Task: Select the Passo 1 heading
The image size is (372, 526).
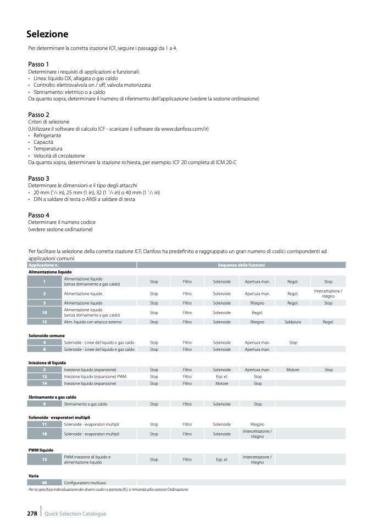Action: tap(38, 64)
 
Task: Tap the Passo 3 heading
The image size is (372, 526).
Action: tap(38, 178)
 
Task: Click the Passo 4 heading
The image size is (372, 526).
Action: tap(38, 215)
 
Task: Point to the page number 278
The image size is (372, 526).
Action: tap(32, 513)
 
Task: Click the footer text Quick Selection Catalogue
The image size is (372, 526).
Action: tap(75, 514)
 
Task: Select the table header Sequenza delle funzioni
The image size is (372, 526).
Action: tap(241, 265)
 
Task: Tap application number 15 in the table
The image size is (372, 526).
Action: tap(44, 322)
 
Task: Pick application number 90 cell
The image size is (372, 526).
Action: tap(44, 483)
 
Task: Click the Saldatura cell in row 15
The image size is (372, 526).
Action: tap(293, 322)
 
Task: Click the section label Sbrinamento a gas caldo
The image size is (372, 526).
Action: tap(52, 396)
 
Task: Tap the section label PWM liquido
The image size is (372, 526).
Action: tap(41, 450)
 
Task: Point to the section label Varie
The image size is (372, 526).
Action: tap(34, 475)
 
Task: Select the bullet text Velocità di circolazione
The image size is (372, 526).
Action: tap(56, 156)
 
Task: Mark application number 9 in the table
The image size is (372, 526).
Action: tap(44, 404)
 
